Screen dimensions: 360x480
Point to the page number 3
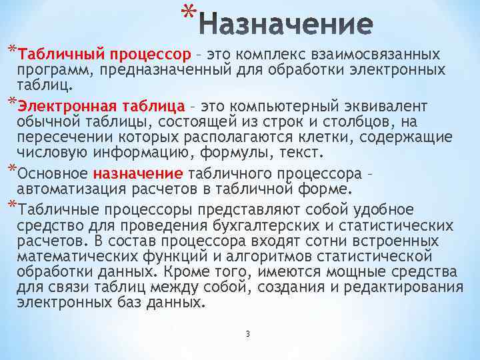tap(247, 333)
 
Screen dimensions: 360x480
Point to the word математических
tap(73, 257)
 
